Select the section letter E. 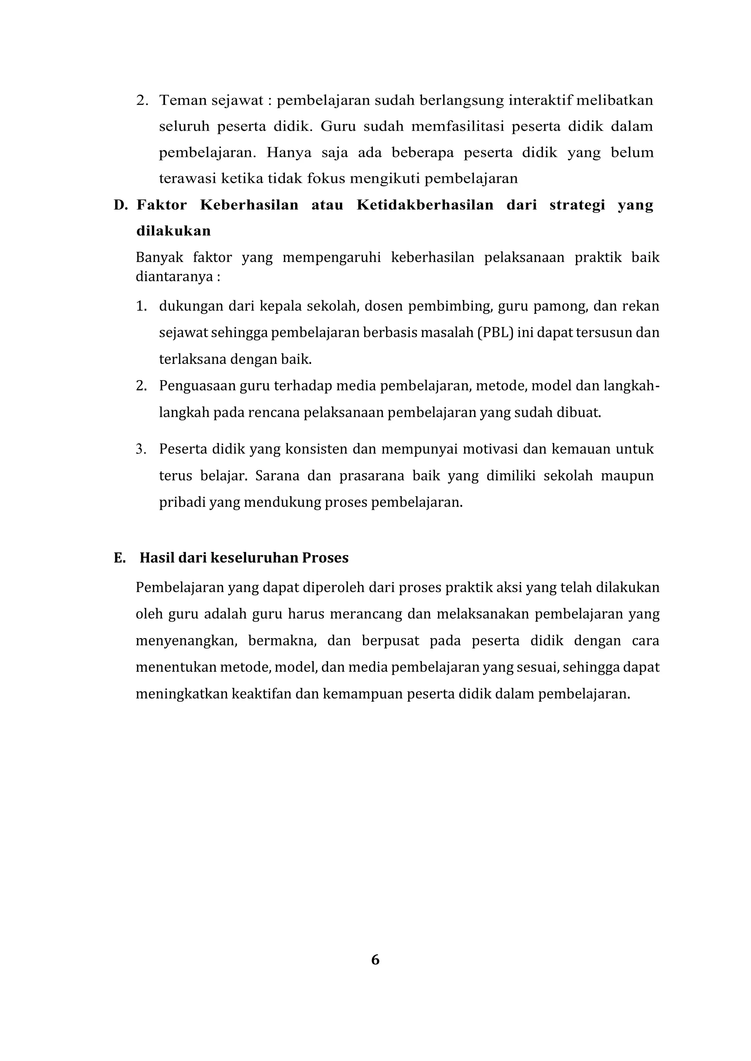coord(119,558)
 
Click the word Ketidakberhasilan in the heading coord(425,205)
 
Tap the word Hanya coord(289,153)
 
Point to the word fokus coord(326,179)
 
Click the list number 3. coord(140,449)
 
